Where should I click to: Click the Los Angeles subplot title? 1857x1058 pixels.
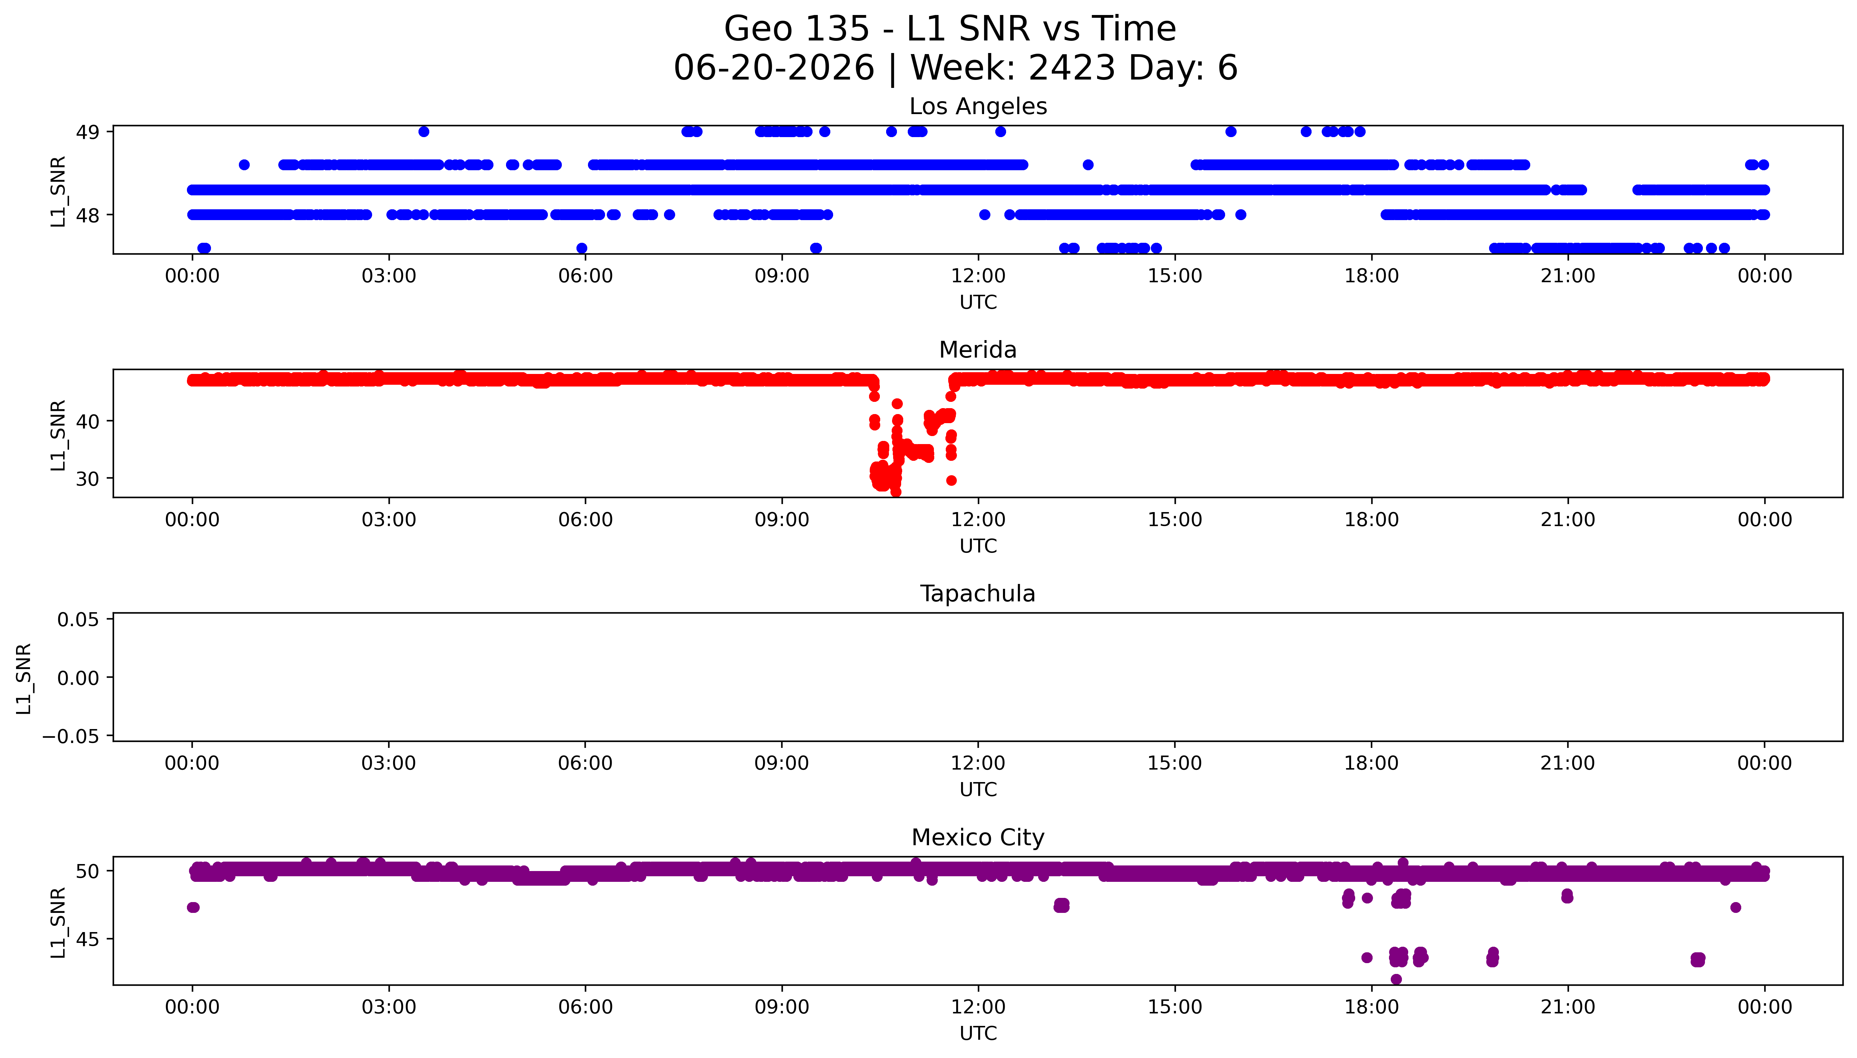tap(977, 107)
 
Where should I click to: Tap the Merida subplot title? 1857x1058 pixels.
tap(977, 350)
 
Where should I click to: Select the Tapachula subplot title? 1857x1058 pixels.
tap(977, 594)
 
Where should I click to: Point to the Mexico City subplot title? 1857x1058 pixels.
tap(977, 838)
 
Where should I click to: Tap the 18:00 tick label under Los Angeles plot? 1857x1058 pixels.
tap(1371, 276)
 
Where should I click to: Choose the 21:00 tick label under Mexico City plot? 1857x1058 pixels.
tap(1568, 1007)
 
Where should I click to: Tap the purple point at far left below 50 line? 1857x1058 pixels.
tap(193, 907)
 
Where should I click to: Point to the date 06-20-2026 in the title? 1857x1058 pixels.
tap(774, 68)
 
